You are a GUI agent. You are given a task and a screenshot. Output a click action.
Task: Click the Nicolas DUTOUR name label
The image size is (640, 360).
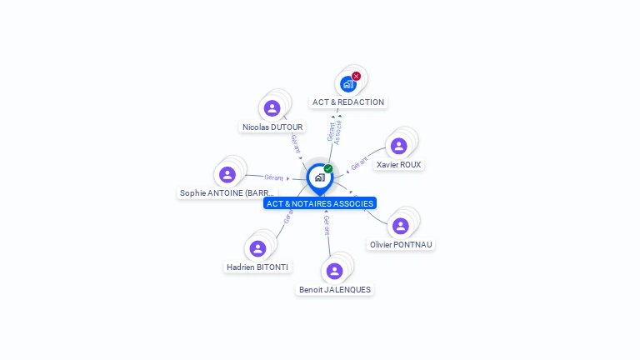point(272,127)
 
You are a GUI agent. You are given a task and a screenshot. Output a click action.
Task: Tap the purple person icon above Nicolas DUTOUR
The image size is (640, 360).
point(272,107)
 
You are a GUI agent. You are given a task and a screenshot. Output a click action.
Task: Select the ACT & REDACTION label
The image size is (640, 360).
point(348,102)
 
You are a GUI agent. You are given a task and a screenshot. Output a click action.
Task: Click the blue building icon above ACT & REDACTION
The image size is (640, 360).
point(347,84)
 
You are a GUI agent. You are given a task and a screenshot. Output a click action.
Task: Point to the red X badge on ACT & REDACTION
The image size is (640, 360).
point(357,76)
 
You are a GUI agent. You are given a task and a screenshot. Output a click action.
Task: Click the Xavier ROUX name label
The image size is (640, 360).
point(398,165)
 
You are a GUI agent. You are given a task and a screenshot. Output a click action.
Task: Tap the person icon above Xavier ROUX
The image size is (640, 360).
point(398,146)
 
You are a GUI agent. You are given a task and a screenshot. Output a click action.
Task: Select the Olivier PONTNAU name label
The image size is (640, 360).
point(401,245)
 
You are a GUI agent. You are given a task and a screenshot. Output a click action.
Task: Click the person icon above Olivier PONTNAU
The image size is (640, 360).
point(400,226)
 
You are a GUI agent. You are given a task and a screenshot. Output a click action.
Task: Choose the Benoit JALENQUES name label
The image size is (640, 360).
point(335,290)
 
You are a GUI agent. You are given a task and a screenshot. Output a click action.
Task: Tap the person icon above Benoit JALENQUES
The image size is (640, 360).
point(334,271)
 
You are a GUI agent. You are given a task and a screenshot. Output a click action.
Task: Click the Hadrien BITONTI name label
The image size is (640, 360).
point(257,267)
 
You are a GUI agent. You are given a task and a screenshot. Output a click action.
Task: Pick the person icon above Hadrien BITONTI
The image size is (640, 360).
point(257,248)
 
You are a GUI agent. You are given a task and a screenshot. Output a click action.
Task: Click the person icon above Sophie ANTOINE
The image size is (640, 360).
point(227,174)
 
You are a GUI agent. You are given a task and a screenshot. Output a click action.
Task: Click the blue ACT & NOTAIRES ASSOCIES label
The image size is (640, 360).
point(320,203)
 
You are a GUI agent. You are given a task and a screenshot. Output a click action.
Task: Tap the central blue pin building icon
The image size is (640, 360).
point(319,177)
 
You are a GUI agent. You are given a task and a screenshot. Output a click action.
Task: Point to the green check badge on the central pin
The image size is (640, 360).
point(328,168)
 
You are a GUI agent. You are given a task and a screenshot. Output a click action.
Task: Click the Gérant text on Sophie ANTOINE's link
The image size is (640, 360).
point(273,177)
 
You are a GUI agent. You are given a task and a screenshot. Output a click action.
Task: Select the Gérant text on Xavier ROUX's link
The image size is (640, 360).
point(359,163)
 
